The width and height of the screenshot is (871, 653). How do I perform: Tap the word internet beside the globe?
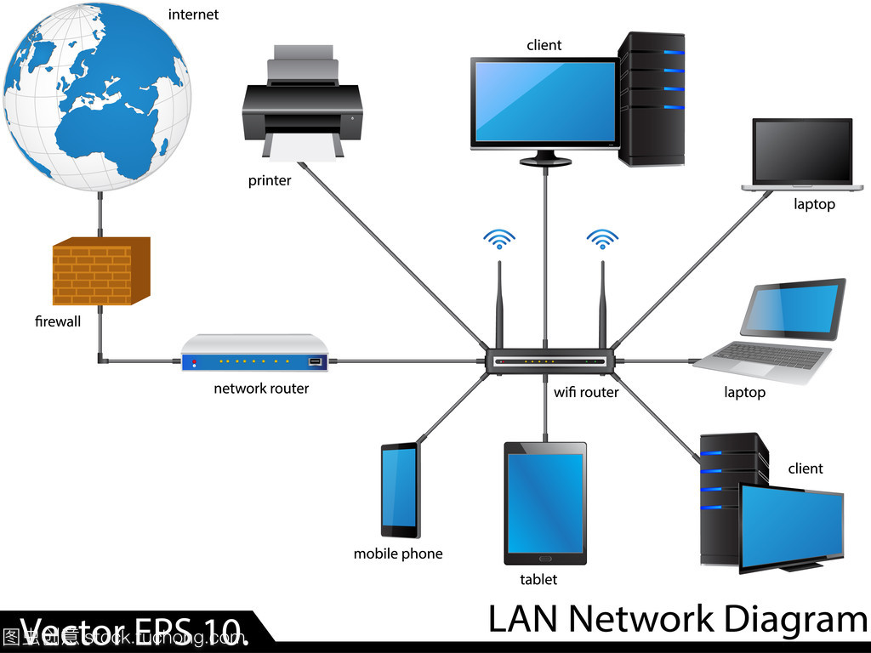(193, 14)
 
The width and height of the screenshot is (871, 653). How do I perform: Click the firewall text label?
(58, 321)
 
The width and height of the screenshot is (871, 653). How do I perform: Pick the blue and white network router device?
(255, 353)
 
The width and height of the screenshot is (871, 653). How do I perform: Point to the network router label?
(261, 389)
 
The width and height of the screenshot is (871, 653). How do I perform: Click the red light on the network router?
(194, 363)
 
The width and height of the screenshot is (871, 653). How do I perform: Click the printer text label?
(270, 180)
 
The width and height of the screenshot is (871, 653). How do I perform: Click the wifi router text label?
(586, 392)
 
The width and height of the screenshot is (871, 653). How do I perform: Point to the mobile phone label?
(398, 554)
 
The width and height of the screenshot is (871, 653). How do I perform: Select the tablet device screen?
(544, 503)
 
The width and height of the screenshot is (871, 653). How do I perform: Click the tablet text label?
(538, 579)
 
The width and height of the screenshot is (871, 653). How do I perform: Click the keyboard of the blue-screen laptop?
(766, 355)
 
